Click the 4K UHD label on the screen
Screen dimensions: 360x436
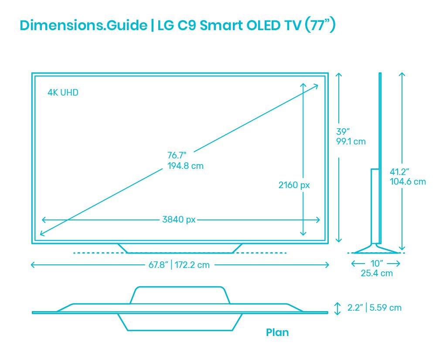[63, 93]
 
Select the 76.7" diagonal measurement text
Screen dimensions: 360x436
[177, 155]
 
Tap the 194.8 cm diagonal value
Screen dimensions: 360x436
[185, 166]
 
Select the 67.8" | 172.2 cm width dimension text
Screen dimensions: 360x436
[179, 265]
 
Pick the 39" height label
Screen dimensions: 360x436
[343, 131]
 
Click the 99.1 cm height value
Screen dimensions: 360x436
[351, 141]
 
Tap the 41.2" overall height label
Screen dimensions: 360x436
[399, 172]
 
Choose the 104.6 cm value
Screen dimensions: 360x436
[408, 182]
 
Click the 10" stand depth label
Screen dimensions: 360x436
[376, 263]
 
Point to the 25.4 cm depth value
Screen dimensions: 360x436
[377, 274]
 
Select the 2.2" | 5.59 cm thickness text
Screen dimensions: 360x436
[374, 308]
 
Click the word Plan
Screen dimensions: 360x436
[277, 333]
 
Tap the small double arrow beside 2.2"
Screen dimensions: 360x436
[337, 308]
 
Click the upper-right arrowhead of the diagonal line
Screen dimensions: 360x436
[316, 86]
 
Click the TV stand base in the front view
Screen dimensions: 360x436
[180, 248]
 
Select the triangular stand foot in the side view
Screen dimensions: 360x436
[376, 250]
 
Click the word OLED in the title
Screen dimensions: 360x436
[258, 25]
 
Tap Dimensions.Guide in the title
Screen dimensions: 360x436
[83, 25]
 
